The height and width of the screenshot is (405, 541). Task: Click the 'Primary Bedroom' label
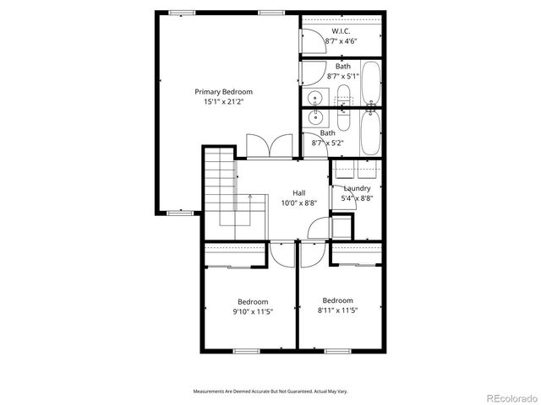coord(223,92)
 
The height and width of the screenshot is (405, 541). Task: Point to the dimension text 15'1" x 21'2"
coord(223,102)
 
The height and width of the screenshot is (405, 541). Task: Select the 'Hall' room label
coord(299,192)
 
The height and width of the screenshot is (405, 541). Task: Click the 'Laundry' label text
coord(356,188)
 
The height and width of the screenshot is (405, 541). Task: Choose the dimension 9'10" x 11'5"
coord(253,311)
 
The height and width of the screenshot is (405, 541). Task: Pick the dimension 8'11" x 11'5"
coord(337,310)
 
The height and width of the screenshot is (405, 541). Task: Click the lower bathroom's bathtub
coord(370,133)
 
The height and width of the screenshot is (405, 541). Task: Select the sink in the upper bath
coord(314,95)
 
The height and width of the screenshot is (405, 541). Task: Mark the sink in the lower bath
coord(314,119)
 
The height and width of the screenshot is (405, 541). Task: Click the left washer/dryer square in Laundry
coord(345,169)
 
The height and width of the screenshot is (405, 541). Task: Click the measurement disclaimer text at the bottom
coord(270,391)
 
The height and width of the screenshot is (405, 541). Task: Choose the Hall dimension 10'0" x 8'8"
coord(299,202)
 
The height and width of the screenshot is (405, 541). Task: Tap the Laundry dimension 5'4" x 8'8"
coord(356,198)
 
